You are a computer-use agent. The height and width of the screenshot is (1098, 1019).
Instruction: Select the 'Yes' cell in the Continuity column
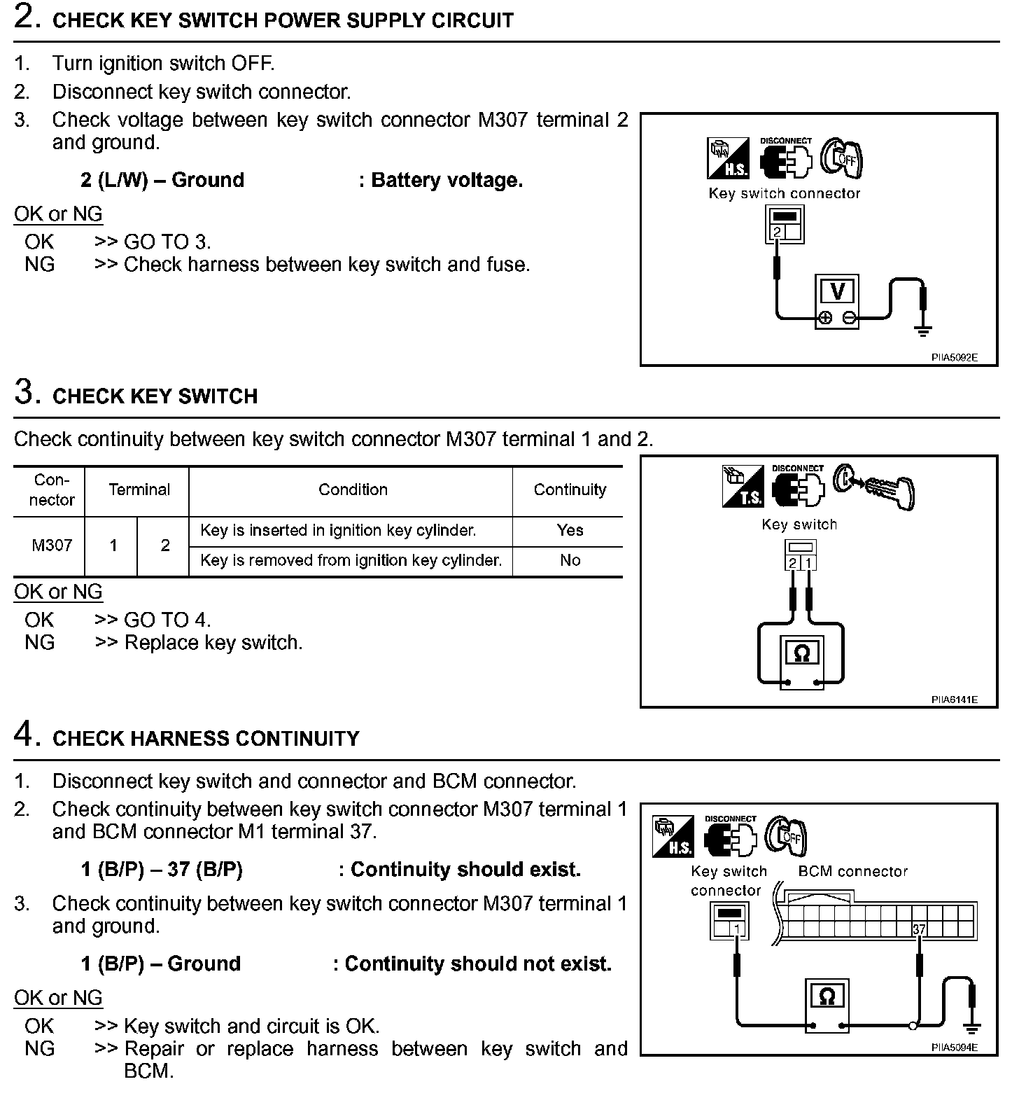pos(570,531)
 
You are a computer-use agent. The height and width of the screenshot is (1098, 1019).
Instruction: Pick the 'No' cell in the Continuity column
pos(570,560)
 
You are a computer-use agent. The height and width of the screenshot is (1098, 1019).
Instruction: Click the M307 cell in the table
pos(52,545)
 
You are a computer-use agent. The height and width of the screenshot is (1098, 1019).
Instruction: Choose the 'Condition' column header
pos(353,490)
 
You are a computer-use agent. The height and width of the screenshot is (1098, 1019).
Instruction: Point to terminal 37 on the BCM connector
pos(919,930)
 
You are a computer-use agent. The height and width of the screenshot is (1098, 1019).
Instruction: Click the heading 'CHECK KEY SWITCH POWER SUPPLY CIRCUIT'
pos(283,20)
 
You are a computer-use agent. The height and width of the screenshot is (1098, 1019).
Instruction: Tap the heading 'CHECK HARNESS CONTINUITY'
pos(206,739)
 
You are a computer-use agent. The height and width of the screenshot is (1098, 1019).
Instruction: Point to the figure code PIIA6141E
pos(954,699)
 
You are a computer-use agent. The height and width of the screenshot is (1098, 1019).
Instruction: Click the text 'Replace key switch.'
pos(213,643)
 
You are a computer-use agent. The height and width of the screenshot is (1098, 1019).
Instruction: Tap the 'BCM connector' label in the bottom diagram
pos(852,872)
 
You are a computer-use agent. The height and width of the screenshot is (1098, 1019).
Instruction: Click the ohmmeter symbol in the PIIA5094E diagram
pos(827,996)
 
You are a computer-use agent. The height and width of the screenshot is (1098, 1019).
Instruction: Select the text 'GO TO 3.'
pos(167,242)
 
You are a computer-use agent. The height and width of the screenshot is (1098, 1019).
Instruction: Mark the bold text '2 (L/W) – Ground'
pos(162,181)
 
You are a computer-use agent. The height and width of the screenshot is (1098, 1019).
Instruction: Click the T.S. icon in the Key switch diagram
pos(743,487)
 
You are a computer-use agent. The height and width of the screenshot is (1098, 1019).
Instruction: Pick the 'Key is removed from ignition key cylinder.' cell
pos(351,560)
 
